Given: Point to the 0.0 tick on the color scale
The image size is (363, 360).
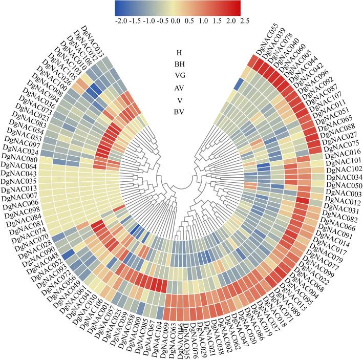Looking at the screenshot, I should (175, 22).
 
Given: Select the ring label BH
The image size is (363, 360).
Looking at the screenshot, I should (179, 64).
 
